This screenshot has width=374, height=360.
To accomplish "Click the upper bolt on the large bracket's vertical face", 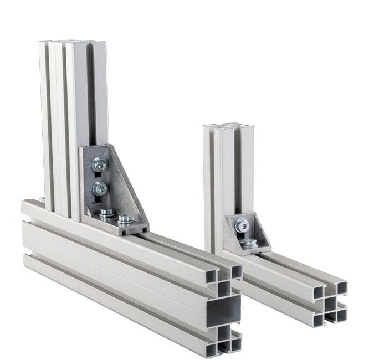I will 99,164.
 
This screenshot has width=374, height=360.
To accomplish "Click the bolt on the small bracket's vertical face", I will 241,224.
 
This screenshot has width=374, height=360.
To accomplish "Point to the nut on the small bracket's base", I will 250,242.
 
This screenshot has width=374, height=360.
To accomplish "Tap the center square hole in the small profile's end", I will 330,304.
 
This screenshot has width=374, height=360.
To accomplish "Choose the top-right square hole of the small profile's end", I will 341,288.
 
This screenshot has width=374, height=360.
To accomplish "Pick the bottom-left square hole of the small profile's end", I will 319,320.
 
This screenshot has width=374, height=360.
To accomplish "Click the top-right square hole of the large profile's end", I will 236,271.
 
